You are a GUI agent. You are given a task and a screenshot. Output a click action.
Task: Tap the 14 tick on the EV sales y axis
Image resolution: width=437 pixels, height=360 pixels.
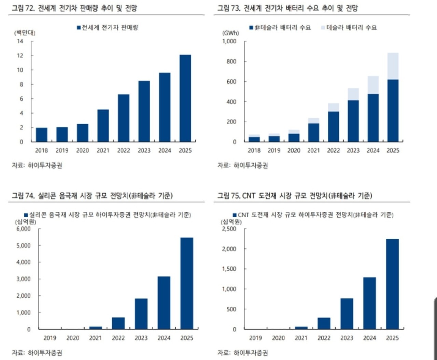pos(20,41)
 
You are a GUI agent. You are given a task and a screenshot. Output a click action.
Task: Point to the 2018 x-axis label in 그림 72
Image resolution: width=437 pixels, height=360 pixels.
pos(41,150)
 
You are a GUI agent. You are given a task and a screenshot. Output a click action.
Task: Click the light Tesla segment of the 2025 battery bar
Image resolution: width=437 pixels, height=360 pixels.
pos(393,66)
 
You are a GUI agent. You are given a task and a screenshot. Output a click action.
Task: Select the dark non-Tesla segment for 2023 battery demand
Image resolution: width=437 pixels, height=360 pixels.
pos(353,121)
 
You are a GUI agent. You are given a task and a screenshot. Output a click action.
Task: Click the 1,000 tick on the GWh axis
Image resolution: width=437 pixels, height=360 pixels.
pos(229,41)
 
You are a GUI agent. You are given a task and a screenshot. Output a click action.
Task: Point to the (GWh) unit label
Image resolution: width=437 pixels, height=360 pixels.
pos(230,33)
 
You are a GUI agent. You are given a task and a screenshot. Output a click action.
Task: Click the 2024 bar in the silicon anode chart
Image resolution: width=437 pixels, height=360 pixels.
pos(164,303)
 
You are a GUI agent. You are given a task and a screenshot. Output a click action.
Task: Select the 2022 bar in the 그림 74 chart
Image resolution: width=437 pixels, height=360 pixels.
pos(118,323)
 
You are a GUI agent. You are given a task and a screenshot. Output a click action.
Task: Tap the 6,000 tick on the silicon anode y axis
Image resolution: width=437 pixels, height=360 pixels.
pos(24,229)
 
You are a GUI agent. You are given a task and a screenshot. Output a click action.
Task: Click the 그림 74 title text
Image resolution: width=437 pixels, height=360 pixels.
pos(92,196)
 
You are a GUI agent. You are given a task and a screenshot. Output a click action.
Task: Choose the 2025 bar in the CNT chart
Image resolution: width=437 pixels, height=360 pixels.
pos(392,284)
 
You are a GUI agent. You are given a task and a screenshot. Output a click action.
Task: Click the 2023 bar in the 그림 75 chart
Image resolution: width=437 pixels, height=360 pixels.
pos(347,314)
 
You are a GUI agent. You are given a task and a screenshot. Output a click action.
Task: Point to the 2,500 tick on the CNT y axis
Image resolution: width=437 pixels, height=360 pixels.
pos(229,229)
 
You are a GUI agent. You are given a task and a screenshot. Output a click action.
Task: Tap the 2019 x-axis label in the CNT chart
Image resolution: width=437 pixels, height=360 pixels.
pos(255,338)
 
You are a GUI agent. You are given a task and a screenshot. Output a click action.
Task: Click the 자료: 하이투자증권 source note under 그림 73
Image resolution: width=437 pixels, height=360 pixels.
pos(243,165)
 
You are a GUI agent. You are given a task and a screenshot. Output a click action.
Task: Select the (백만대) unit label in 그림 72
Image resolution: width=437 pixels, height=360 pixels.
pos(25,33)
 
